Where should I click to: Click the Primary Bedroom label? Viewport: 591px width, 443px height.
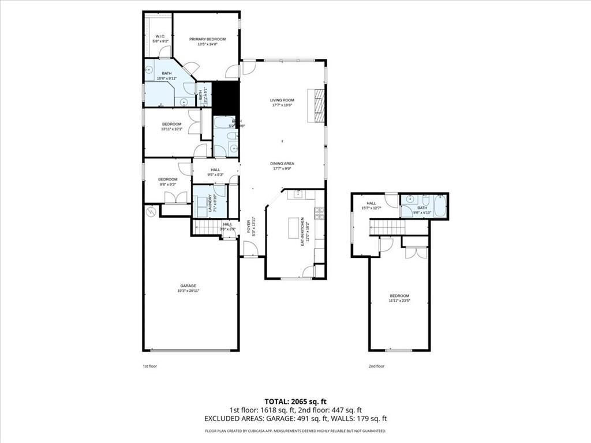click(x=208, y=39)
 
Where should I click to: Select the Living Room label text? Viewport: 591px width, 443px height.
click(x=282, y=100)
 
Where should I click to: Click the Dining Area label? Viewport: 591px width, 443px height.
click(x=282, y=163)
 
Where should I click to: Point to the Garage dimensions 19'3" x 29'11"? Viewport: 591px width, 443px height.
click(x=188, y=291)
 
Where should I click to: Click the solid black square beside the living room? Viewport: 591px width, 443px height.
click(x=226, y=98)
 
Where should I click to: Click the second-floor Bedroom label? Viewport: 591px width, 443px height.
click(x=399, y=296)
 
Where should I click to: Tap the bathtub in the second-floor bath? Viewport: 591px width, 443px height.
click(x=440, y=207)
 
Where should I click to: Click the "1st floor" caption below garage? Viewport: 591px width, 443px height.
click(x=150, y=366)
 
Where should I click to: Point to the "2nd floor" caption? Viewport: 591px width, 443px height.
click(x=376, y=366)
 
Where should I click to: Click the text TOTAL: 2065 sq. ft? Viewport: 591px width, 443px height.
click(x=295, y=401)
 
